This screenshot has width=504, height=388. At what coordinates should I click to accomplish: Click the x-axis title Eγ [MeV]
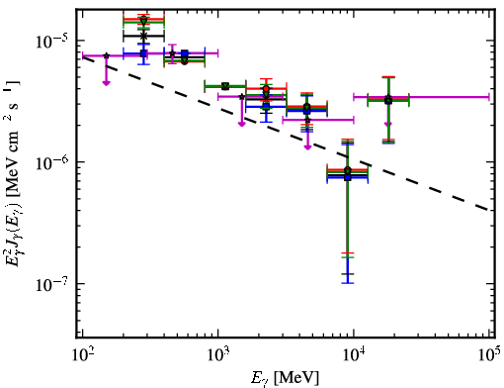[285, 377]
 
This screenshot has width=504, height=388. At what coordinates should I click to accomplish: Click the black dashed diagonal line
[286, 134]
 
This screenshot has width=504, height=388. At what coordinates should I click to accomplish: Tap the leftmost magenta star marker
[106, 55]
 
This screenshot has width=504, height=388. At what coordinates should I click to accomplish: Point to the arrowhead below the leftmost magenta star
[106, 82]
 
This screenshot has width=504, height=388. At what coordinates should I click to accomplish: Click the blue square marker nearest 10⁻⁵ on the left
[143, 53]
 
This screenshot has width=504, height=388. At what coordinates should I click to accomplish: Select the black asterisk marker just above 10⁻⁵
[143, 36]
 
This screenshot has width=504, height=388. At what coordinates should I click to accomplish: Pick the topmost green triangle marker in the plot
[143, 21]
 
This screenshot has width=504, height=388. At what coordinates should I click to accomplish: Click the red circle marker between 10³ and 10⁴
[266, 88]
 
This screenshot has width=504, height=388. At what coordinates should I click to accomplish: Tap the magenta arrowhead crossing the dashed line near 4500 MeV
[307, 146]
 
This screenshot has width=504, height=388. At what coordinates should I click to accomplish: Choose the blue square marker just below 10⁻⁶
[348, 177]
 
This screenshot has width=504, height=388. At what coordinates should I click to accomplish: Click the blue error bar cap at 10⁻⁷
[348, 283]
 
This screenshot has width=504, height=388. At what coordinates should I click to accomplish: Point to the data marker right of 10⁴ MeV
[388, 100]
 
